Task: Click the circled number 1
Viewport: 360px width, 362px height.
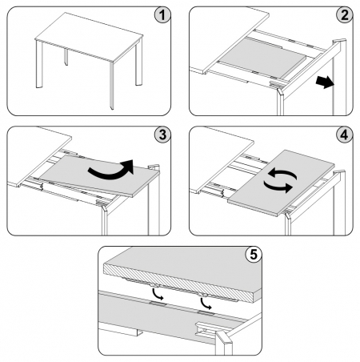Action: coord(162,16)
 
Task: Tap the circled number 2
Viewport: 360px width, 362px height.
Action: coord(345,15)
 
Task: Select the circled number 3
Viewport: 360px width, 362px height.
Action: coord(162,135)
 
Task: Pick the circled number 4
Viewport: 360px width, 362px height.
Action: coord(345,135)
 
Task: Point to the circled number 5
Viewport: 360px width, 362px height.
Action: coord(254,255)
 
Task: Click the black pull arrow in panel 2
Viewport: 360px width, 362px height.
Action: coord(325,82)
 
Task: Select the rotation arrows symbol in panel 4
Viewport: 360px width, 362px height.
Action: coord(280,181)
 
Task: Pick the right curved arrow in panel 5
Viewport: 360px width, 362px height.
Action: coord(205,304)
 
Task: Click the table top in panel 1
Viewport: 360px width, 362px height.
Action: coord(89,37)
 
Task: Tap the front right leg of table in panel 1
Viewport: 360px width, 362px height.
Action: coord(112,86)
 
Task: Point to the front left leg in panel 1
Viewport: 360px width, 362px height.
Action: coord(39,65)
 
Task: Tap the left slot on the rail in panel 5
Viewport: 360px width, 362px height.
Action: coord(158,304)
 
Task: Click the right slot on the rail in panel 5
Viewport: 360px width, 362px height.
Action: coord(205,313)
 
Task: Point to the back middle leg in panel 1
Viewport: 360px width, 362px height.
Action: coord(66,57)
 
